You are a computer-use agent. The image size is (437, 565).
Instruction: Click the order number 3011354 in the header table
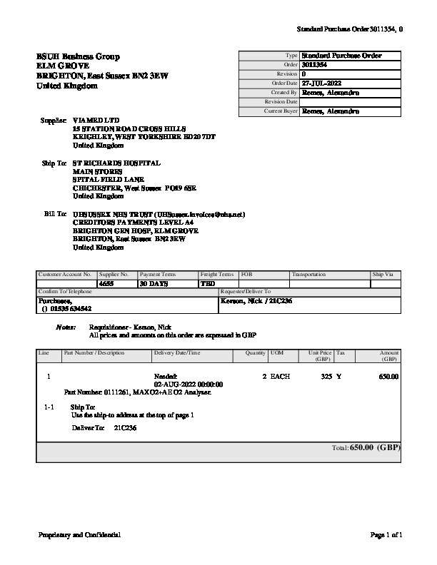tap(315, 65)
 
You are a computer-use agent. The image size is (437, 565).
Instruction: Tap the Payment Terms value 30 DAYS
tap(154, 284)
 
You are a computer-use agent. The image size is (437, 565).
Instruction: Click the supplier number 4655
tap(106, 284)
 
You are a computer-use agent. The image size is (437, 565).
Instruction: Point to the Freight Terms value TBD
tap(209, 284)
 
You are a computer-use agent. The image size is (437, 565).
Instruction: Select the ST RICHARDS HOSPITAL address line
tap(116, 163)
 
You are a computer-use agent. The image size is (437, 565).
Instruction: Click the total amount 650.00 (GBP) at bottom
tap(375, 447)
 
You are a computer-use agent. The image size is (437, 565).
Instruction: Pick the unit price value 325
tap(326, 376)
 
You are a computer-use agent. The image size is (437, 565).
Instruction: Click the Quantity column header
tap(255, 353)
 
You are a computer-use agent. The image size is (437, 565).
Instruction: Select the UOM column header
tap(276, 353)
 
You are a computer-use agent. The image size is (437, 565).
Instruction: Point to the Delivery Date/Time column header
tap(177, 353)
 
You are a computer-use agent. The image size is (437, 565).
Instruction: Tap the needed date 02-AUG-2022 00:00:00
tap(189, 385)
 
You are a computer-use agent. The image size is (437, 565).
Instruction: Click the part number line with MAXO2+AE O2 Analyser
tap(137, 392)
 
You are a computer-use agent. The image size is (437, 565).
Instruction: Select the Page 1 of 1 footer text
tap(387, 534)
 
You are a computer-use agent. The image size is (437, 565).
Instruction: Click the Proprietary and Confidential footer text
tap(79, 534)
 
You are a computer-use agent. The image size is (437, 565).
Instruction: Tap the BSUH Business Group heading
tap(78, 56)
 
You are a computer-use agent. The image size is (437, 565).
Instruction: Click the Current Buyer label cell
tap(281, 111)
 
